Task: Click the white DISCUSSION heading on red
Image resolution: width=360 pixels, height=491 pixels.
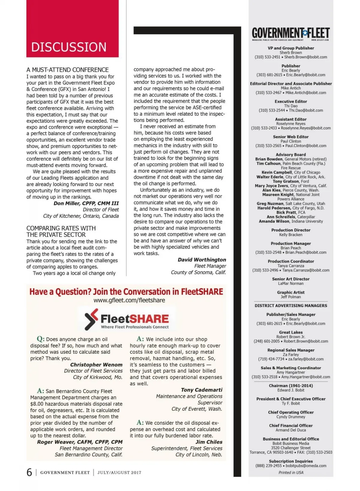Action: (x=69, y=47)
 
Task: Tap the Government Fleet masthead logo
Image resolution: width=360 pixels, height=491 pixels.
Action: (x=290, y=34)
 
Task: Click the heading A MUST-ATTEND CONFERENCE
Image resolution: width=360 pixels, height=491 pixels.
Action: (x=67, y=70)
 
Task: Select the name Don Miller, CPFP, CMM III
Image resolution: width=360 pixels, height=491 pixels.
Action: (x=86, y=203)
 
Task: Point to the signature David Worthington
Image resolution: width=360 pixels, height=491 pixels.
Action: (x=202, y=260)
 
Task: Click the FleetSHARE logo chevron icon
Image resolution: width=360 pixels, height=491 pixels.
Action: (x=91, y=319)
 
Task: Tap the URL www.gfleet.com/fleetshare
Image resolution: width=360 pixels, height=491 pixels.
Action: (x=129, y=300)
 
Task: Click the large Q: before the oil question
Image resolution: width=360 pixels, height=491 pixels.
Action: (x=40, y=339)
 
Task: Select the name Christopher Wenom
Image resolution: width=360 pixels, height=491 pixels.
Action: (x=96, y=365)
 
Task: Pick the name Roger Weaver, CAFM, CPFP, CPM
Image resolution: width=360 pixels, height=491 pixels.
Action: (x=80, y=442)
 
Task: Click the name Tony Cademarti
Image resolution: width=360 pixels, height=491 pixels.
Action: (x=201, y=390)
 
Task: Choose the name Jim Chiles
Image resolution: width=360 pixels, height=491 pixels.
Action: (x=209, y=442)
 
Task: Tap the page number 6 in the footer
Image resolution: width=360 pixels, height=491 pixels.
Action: (x=29, y=472)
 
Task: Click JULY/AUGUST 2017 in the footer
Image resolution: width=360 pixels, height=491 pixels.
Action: (x=119, y=472)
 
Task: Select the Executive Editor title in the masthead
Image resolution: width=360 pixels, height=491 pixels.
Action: (x=291, y=101)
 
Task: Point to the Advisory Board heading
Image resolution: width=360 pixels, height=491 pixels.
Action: (x=291, y=155)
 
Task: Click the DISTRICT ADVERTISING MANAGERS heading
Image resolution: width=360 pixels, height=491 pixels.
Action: (x=291, y=305)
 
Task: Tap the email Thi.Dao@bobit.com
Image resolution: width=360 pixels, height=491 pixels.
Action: (x=306, y=110)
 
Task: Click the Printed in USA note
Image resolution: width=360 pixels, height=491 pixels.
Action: (x=291, y=472)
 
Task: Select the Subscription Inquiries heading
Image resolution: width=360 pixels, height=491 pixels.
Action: (x=291, y=461)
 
